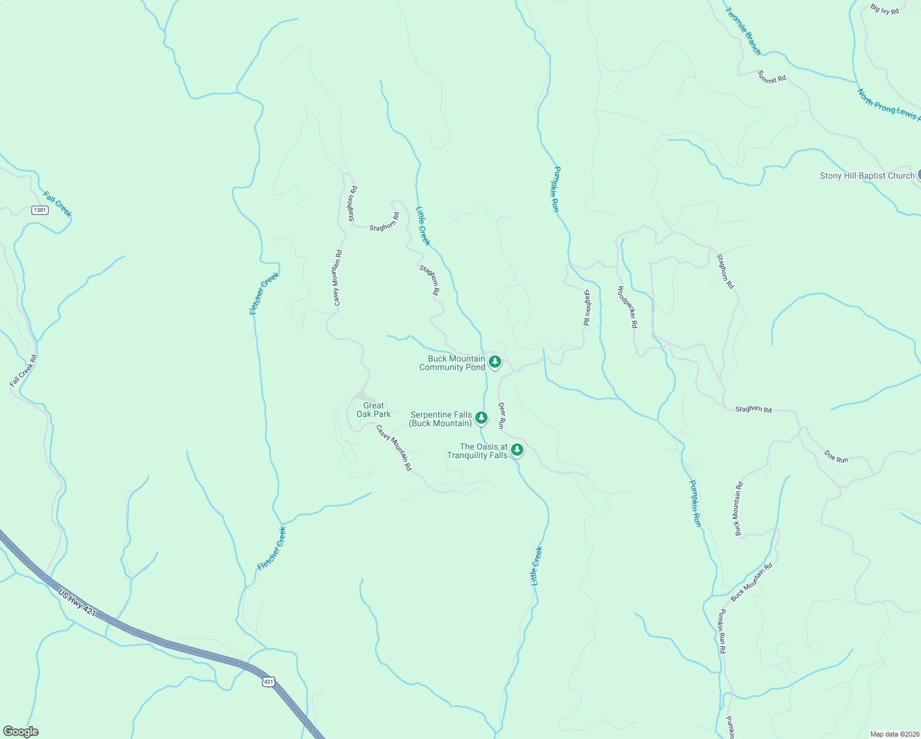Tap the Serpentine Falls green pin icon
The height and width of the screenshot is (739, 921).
[481, 418]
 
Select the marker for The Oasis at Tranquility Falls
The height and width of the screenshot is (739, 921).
[517, 450]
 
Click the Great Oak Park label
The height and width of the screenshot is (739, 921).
[373, 410]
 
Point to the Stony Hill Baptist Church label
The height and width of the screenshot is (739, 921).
[867, 176]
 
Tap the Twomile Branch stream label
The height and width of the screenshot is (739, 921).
[743, 31]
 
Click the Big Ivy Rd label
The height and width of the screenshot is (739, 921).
[885, 10]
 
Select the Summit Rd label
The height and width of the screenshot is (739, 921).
[771, 77]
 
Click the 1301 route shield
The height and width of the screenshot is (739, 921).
[40, 210]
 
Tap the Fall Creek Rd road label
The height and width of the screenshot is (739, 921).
[24, 370]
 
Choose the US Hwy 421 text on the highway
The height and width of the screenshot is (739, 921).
[78, 603]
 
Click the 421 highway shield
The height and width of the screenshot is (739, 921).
[268, 682]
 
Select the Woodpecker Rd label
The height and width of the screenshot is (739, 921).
[627, 307]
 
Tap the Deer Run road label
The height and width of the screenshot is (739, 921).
[502, 415]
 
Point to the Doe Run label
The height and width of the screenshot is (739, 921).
[836, 456]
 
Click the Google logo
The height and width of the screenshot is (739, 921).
[20, 732]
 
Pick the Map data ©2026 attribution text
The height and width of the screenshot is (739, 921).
[894, 734]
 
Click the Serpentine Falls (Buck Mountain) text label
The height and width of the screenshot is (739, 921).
[441, 419]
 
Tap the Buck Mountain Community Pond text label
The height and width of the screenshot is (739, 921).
[452, 363]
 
